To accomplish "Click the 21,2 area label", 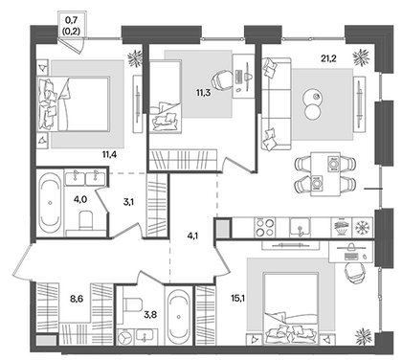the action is click(x=328, y=58).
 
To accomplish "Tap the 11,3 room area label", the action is click(x=203, y=93).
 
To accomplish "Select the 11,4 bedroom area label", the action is click(x=109, y=155).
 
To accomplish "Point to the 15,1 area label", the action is click(x=237, y=299).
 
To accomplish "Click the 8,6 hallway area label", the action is click(x=77, y=299).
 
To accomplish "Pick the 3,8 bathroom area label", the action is click(x=150, y=315).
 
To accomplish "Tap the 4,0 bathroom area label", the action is click(x=79, y=200).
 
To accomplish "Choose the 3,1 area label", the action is click(x=127, y=202).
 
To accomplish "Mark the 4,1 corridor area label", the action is click(x=192, y=236).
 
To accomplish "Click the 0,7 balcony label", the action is click(x=71, y=21).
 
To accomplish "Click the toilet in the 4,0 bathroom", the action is click(x=85, y=220).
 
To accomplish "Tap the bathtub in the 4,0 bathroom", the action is click(x=50, y=203).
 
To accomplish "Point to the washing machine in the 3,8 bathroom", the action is click(x=125, y=337).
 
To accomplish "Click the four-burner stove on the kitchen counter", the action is click(x=265, y=228).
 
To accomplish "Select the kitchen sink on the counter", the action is click(x=300, y=228).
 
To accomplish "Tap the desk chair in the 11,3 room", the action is click(x=222, y=79).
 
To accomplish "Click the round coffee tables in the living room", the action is click(x=313, y=105).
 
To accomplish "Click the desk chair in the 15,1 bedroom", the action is click(x=353, y=272).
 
